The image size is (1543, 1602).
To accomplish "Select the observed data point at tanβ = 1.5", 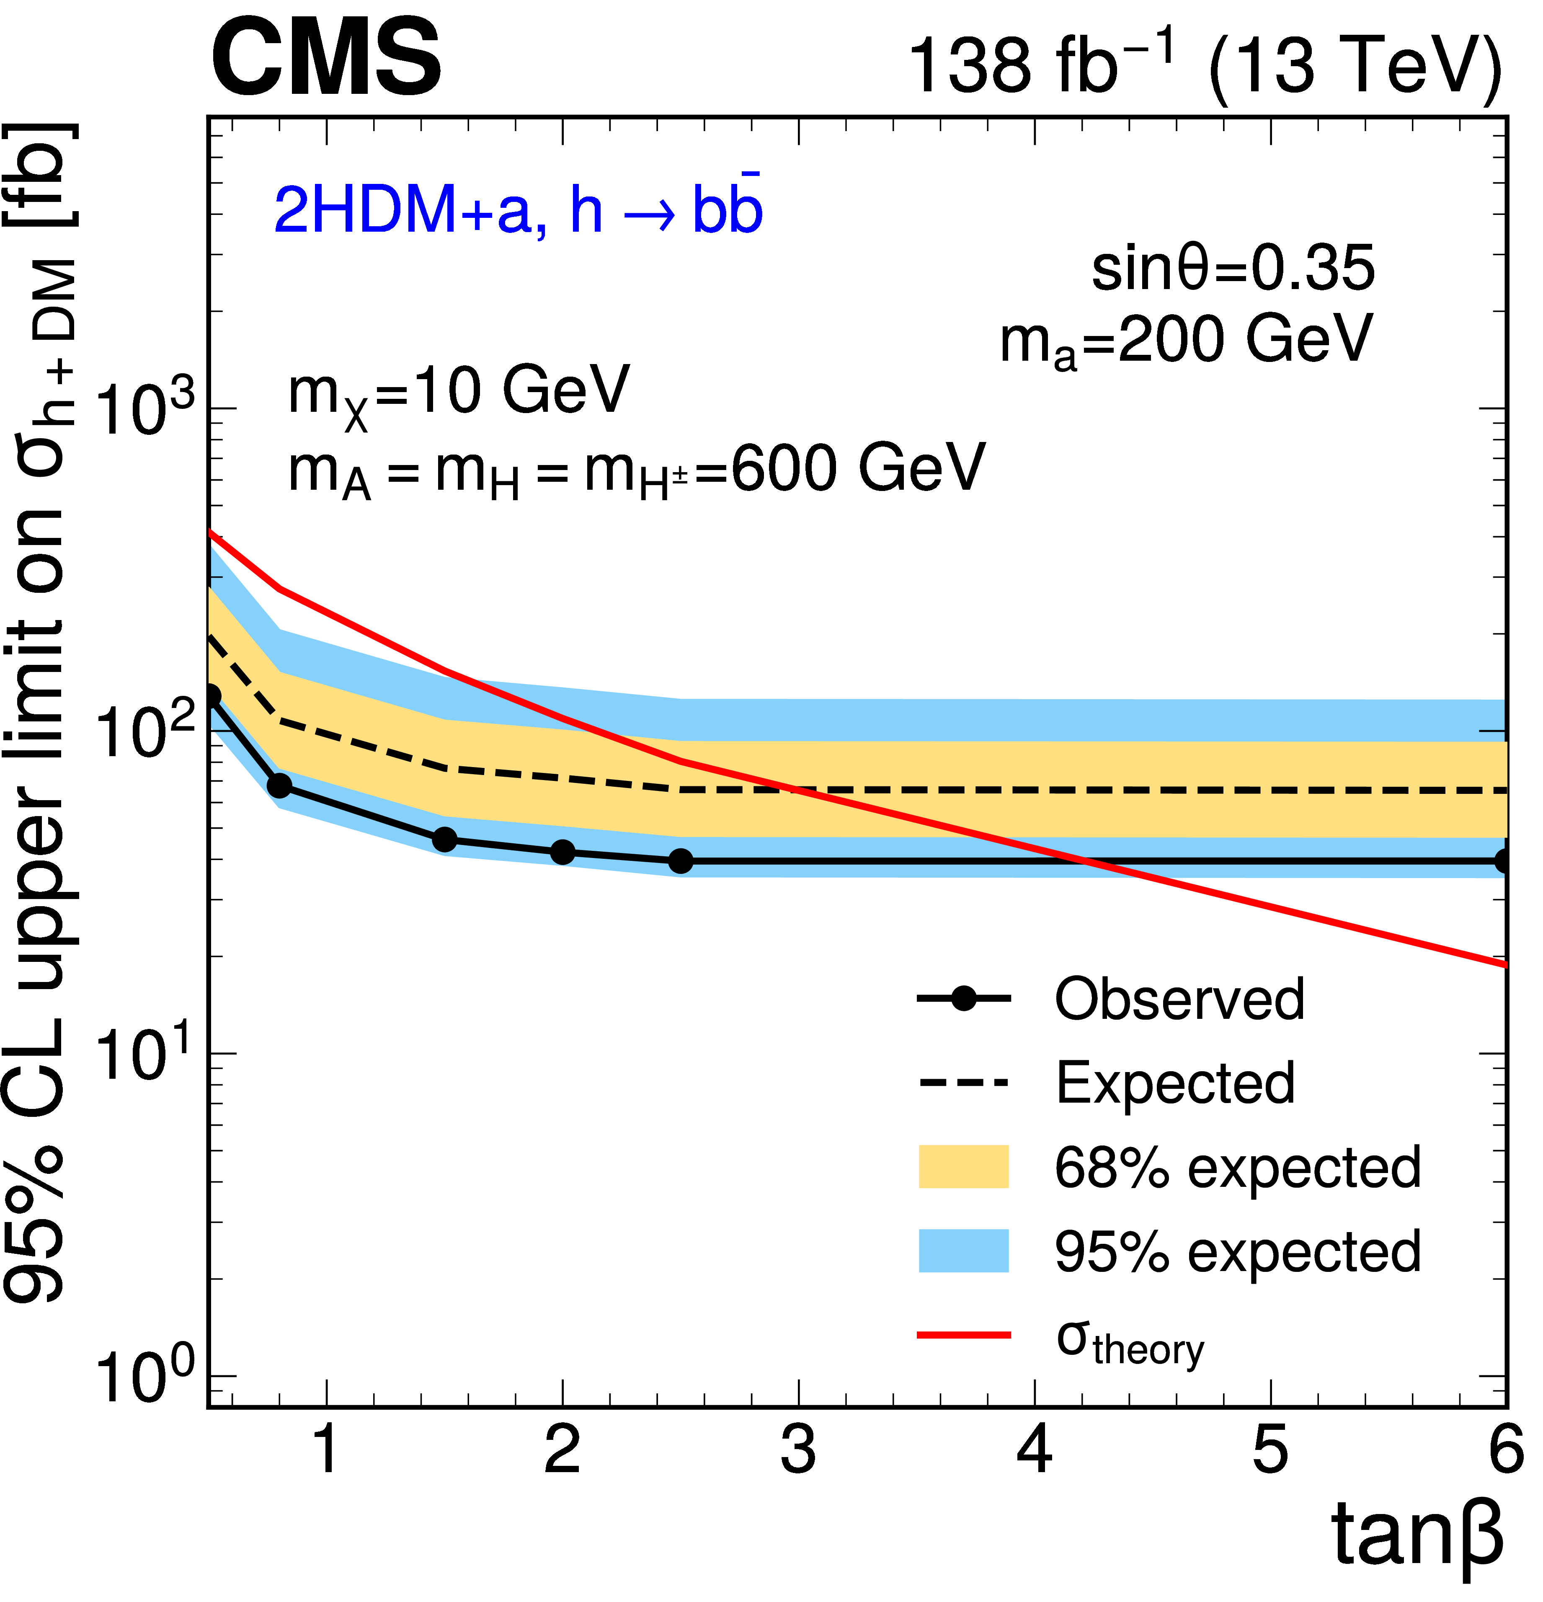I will click(444, 840).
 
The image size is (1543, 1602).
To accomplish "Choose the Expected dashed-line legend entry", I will click(1174, 1083).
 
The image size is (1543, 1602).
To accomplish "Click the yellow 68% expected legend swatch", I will click(964, 1167).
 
